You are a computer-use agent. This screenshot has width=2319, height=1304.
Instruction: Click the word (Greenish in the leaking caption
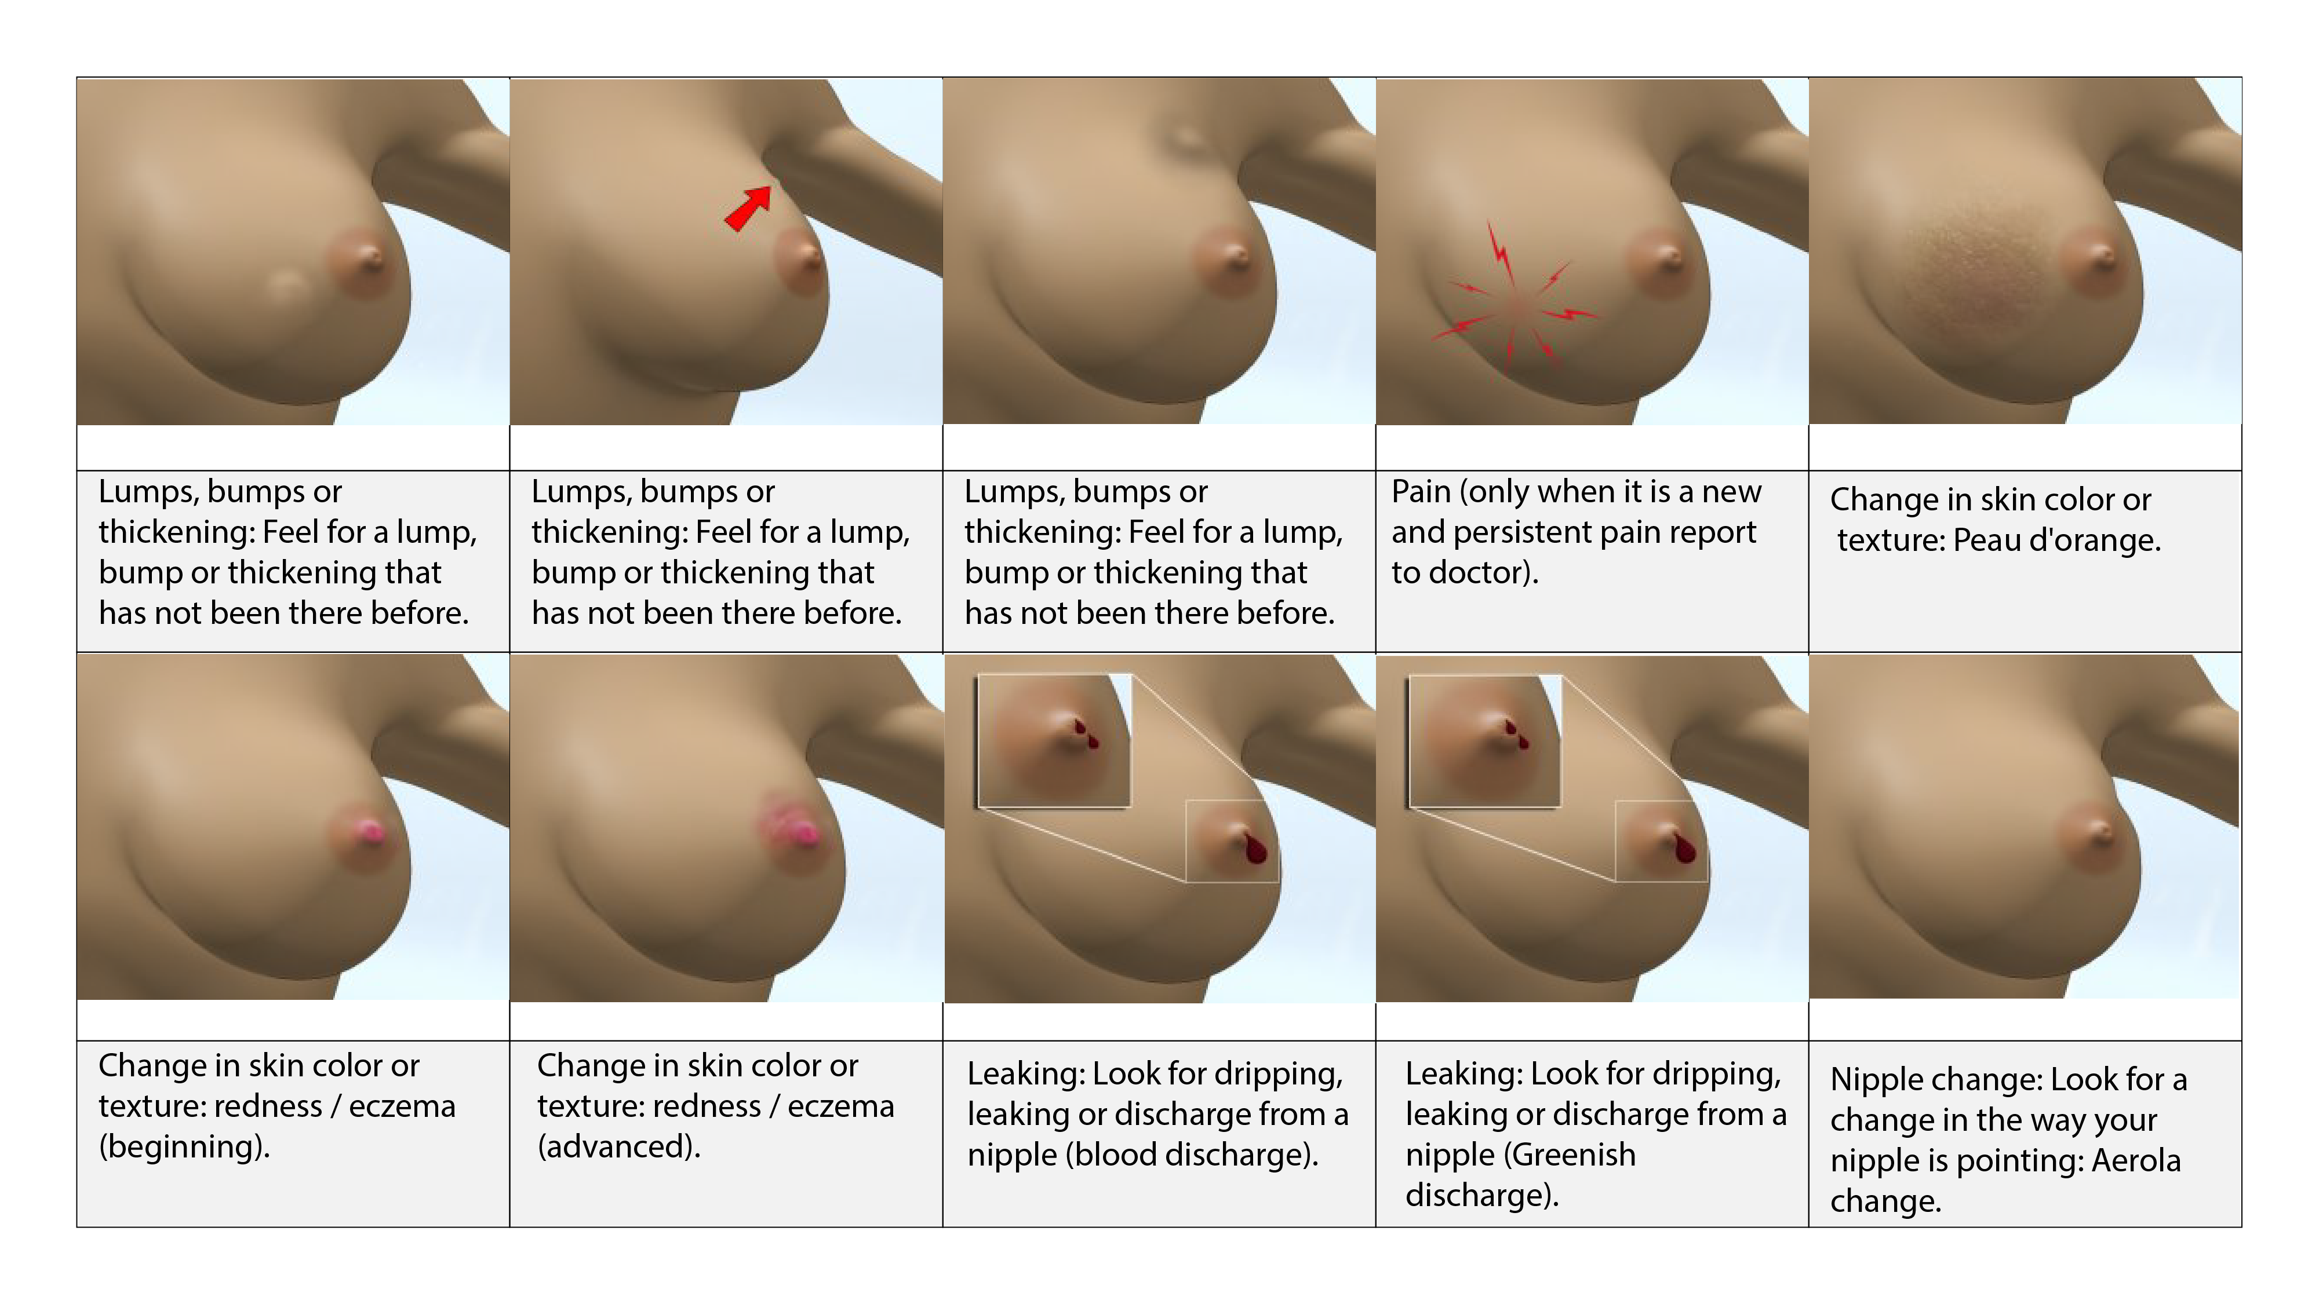(x=1520, y=1155)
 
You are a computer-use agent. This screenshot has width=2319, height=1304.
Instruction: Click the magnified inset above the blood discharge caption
(x=1054, y=741)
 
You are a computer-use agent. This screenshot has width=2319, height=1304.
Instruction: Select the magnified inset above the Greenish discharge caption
(x=1484, y=741)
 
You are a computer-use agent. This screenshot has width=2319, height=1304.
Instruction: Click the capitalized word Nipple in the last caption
(x=1879, y=1080)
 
